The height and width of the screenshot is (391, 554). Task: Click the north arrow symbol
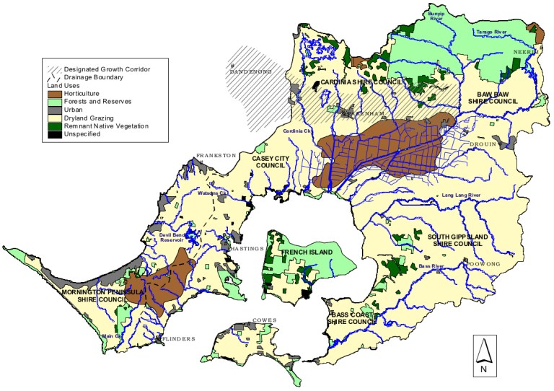click(485, 355)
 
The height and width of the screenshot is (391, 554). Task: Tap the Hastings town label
click(243, 248)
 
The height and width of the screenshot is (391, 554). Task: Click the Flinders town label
click(178, 338)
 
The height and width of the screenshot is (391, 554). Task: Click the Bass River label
click(431, 266)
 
